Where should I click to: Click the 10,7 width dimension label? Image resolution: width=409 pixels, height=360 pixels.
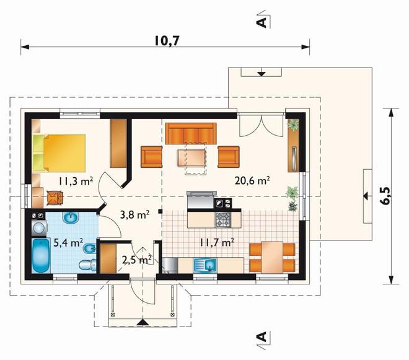pyautogui.click(x=167, y=41)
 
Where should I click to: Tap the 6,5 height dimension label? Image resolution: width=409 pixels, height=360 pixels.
pyautogui.click(x=387, y=196)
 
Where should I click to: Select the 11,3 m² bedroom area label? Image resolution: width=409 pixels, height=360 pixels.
pyautogui.click(x=76, y=180)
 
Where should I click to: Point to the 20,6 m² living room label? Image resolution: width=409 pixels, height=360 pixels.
pyautogui.click(x=252, y=180)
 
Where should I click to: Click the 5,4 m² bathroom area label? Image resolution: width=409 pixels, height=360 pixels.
pyautogui.click(x=68, y=243)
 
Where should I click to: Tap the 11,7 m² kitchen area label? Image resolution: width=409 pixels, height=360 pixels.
pyautogui.click(x=216, y=243)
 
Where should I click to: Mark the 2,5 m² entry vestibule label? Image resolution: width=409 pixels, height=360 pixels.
pyautogui.click(x=137, y=260)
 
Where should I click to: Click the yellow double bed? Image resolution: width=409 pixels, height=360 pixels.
pyautogui.click(x=59, y=153)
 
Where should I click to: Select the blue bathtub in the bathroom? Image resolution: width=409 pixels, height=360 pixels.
pyautogui.click(x=42, y=256)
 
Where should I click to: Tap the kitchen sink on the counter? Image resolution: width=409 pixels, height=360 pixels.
pyautogui.click(x=205, y=265)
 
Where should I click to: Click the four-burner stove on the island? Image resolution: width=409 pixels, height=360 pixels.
pyautogui.click(x=222, y=219)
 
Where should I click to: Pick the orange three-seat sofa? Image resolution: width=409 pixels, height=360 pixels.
pyautogui.click(x=191, y=134)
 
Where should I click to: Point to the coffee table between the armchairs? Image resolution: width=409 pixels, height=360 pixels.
pyautogui.click(x=191, y=157)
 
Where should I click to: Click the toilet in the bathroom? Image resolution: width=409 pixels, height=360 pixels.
pyautogui.click(x=87, y=265)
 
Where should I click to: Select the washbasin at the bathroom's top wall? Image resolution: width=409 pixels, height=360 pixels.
pyautogui.click(x=71, y=218)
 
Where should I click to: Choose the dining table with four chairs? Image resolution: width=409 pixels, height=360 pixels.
pyautogui.click(x=272, y=258)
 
